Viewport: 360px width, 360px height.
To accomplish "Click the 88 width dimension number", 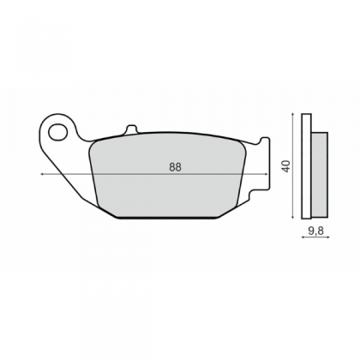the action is (175, 167).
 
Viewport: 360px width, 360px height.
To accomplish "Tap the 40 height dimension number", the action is (286, 166).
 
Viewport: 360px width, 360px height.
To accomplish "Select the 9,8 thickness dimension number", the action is (315, 231).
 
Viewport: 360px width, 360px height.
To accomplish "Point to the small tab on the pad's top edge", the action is (131, 129).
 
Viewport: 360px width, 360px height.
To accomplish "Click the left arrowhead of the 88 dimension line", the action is (42, 174).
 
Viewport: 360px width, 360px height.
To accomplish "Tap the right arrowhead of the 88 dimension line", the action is (267, 174).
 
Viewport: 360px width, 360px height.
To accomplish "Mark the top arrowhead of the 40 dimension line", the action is (292, 114).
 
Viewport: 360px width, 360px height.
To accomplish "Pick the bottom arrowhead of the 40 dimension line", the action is (292, 217).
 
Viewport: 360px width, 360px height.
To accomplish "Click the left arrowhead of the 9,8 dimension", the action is (303, 237).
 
